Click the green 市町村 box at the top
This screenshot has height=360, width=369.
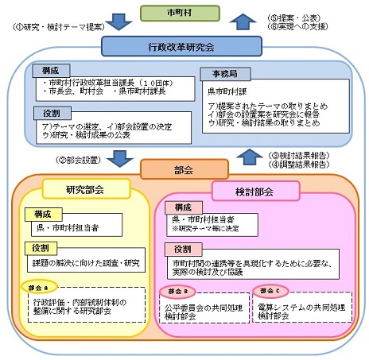(184, 12)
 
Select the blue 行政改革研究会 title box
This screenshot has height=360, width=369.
(184, 48)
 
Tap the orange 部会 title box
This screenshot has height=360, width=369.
(184, 168)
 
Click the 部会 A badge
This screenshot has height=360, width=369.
(41, 288)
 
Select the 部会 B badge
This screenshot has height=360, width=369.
(175, 290)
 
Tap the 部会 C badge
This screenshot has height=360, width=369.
(266, 290)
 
